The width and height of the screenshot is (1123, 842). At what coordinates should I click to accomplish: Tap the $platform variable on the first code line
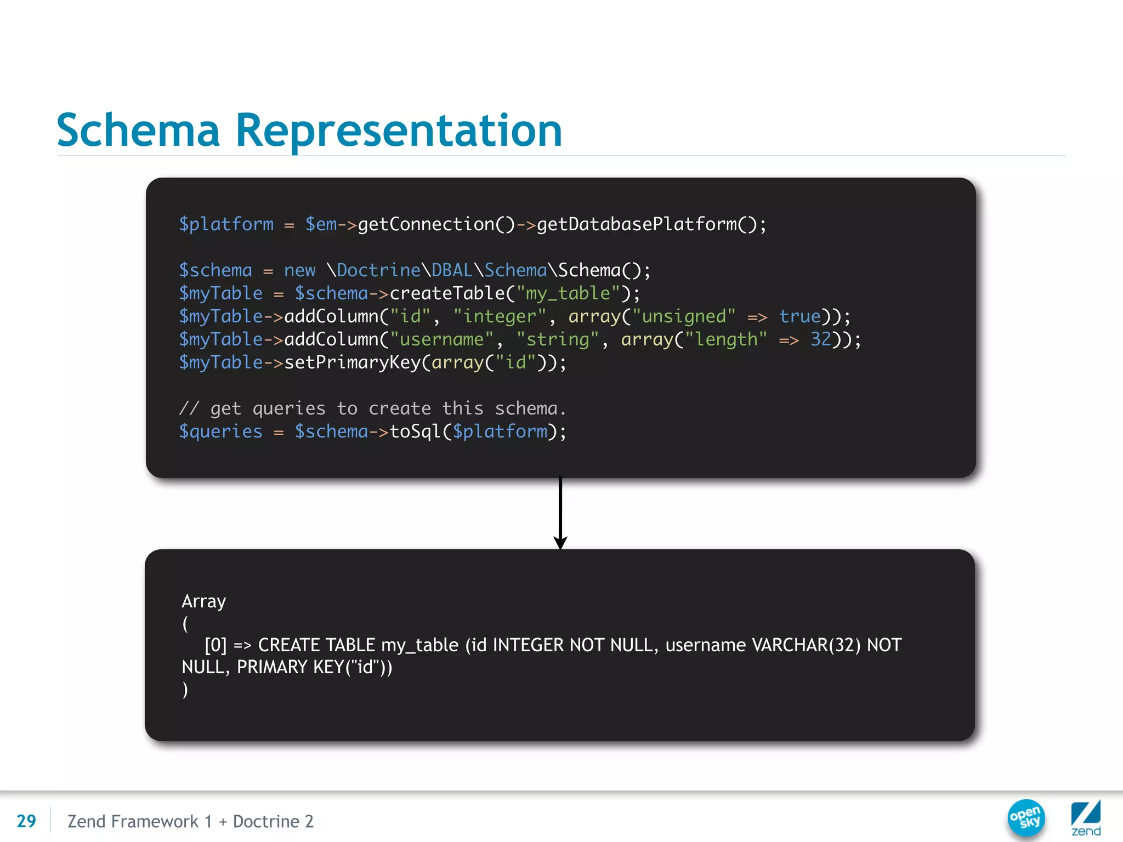(226, 224)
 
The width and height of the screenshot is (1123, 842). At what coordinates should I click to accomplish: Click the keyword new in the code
(299, 270)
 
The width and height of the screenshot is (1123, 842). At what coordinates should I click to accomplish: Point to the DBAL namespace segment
(452, 270)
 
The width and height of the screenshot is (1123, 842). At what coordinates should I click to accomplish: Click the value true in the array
(799, 316)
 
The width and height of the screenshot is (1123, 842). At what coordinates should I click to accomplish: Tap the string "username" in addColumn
(442, 339)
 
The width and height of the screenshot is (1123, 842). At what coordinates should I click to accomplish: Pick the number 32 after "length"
(821, 339)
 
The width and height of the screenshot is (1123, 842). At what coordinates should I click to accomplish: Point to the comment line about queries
(373, 408)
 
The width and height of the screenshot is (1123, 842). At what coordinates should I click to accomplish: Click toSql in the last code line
(415, 431)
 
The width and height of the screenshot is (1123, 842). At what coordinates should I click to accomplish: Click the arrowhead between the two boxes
(560, 542)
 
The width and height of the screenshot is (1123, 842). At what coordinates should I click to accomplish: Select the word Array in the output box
(203, 601)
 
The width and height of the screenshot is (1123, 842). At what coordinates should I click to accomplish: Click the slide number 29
(26, 821)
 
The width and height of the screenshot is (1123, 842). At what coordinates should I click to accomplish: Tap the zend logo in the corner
(1086, 818)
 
